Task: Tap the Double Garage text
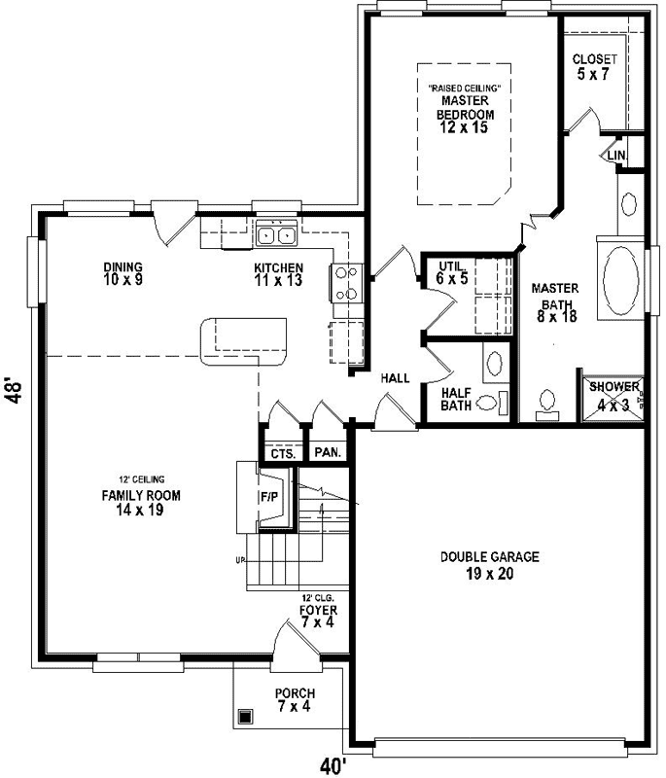click(x=489, y=565)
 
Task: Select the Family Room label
click(x=142, y=502)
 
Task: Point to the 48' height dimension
click(x=14, y=389)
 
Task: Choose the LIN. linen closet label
click(x=615, y=155)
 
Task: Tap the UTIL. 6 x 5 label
click(x=454, y=271)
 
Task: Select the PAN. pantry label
click(x=327, y=453)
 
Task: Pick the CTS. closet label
click(x=282, y=453)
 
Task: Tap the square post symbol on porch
click(x=246, y=717)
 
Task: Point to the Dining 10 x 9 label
click(x=123, y=273)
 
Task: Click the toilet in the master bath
click(x=547, y=400)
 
